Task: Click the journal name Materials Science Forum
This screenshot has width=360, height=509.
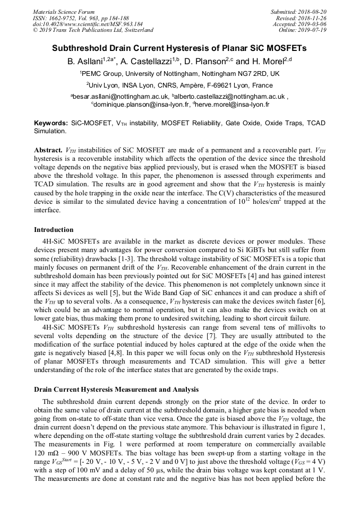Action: point(64,12)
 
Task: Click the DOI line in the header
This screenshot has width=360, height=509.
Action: point(88,24)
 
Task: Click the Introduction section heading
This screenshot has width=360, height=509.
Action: point(54,230)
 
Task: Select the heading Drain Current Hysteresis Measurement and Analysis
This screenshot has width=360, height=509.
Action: point(116,389)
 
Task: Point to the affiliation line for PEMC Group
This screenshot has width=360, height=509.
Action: point(179,74)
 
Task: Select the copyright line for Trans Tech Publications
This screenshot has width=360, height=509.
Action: point(93,30)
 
